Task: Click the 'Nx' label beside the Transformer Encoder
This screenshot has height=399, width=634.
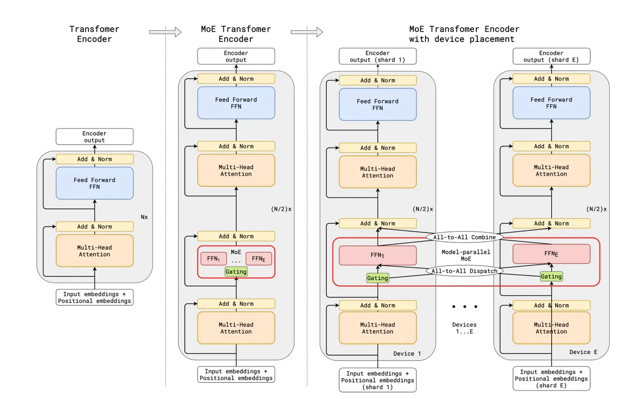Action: coord(144,217)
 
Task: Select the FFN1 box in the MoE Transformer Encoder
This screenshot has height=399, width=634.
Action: coord(213,259)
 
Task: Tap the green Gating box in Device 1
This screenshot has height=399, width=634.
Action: coord(377,278)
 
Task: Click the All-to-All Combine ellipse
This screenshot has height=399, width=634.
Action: coord(464,237)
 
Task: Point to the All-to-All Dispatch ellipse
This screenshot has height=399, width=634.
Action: coord(464,271)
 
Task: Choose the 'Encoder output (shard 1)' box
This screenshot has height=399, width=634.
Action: coord(377,57)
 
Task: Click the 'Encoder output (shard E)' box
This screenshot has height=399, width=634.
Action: coord(551,57)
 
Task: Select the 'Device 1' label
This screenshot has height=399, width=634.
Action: coord(407,354)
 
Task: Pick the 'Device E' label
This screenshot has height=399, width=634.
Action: coord(583,352)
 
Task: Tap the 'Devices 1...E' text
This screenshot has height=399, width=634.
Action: coord(464,328)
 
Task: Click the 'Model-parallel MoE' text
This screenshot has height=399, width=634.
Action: coord(466,256)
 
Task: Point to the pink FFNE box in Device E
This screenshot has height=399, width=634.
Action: coord(551,254)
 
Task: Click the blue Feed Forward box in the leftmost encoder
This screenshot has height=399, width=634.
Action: coord(94,183)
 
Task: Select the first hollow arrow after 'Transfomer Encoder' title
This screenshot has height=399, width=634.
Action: coord(165,32)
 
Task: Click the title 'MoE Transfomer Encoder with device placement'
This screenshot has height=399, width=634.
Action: coord(464,34)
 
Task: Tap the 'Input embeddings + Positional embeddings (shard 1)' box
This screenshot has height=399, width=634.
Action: coord(377,380)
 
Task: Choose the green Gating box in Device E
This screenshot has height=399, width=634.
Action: coord(551,276)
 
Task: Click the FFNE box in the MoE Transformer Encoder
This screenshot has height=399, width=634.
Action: coord(259,259)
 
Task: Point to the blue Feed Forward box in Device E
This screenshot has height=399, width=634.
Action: coord(551,103)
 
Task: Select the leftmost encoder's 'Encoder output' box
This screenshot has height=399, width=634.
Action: coord(94,137)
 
